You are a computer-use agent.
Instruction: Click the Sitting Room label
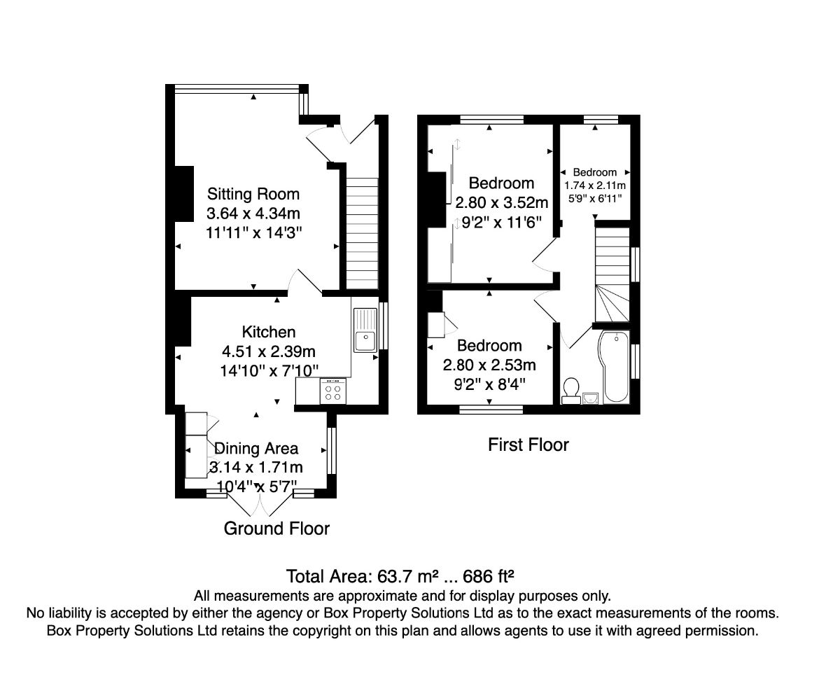253,194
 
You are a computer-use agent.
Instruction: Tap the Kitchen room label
269,332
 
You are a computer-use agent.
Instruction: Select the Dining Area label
256,449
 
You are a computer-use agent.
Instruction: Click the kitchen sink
365,330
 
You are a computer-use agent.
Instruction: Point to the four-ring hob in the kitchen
333,391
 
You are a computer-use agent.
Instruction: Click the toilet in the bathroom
571,391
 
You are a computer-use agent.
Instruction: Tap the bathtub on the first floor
614,366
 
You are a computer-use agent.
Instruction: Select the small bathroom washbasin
590,398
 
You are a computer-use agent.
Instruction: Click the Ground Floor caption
276,529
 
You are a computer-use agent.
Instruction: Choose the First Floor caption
528,445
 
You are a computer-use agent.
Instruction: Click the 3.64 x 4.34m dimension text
253,214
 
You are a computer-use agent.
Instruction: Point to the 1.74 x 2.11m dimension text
595,186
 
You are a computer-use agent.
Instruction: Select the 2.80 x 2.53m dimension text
489,365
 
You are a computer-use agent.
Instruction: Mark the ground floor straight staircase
362,233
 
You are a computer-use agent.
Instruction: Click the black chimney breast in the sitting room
184,193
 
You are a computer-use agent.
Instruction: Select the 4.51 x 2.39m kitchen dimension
269,351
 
